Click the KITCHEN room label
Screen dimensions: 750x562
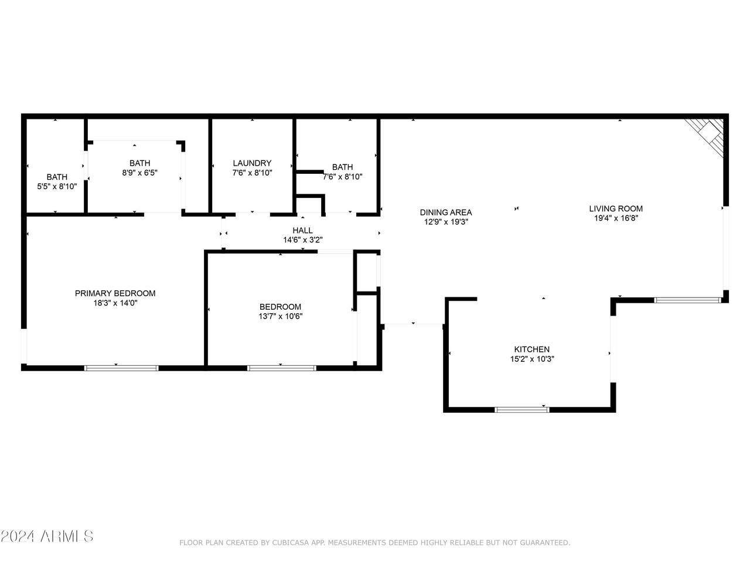tap(531, 349)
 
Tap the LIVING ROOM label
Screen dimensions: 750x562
tap(616, 208)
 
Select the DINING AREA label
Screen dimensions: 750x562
tap(446, 213)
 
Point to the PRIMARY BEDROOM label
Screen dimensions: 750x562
tap(115, 293)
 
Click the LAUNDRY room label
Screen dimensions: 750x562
tap(252, 163)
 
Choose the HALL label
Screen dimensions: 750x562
tap(302, 230)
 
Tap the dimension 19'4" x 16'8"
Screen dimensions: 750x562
tap(616, 218)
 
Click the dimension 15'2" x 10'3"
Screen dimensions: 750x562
tap(532, 359)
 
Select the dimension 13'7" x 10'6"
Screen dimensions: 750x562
tap(281, 316)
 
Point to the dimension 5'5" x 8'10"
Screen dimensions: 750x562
tap(57, 186)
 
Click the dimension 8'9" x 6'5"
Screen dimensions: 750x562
tap(140, 173)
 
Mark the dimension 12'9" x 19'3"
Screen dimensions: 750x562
tap(446, 222)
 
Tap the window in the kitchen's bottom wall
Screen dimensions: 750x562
tap(521, 409)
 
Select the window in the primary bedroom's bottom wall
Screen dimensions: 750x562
tap(121, 368)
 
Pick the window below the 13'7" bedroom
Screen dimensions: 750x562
tap(282, 368)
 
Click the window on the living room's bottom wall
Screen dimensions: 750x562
tap(687, 300)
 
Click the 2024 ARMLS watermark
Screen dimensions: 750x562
tap(47, 536)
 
